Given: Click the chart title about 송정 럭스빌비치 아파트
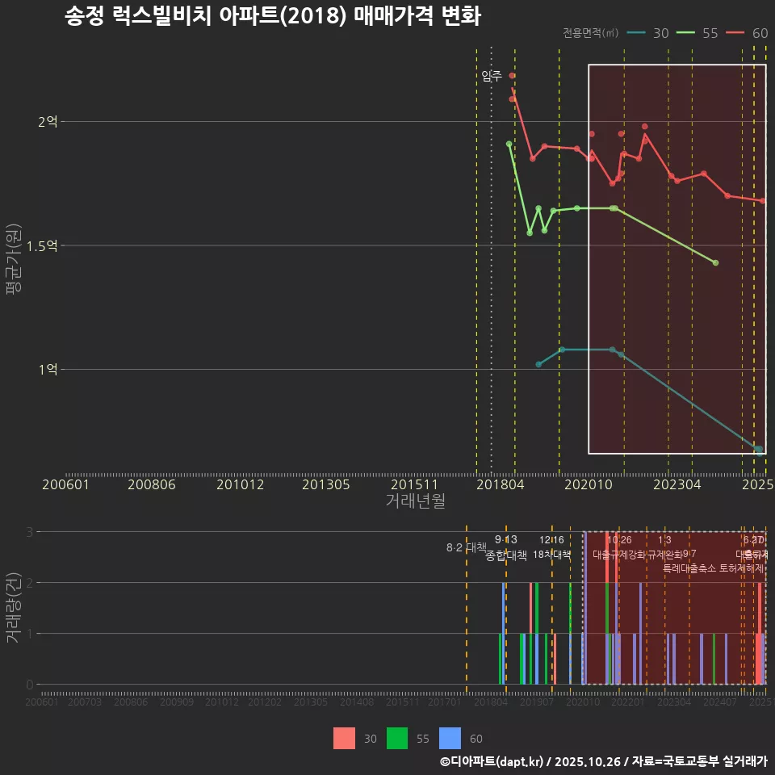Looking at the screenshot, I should pyautogui.click(x=273, y=17).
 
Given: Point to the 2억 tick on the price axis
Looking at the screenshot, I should pyautogui.click(x=48, y=122).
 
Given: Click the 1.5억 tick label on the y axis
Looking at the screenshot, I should pyautogui.click(x=42, y=245).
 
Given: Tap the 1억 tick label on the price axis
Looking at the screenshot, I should pyautogui.click(x=48, y=369).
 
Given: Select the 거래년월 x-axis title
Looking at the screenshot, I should pyautogui.click(x=415, y=501).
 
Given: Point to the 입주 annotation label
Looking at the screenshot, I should pyautogui.click(x=492, y=76).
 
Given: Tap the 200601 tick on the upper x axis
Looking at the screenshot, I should pyautogui.click(x=65, y=484).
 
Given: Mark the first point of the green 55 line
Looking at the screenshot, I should pyautogui.click(x=509, y=144).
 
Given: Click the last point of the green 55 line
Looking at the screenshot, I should pyautogui.click(x=716, y=263).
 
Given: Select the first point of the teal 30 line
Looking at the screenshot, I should pyautogui.click(x=538, y=365).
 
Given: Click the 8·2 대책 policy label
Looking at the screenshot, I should pyautogui.click(x=467, y=547).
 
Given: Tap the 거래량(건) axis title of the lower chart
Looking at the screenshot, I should pyautogui.click(x=14, y=608).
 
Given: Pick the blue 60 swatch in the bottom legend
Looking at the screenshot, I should pyautogui.click(x=450, y=738).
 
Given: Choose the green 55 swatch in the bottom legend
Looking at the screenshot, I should pyautogui.click(x=397, y=738).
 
